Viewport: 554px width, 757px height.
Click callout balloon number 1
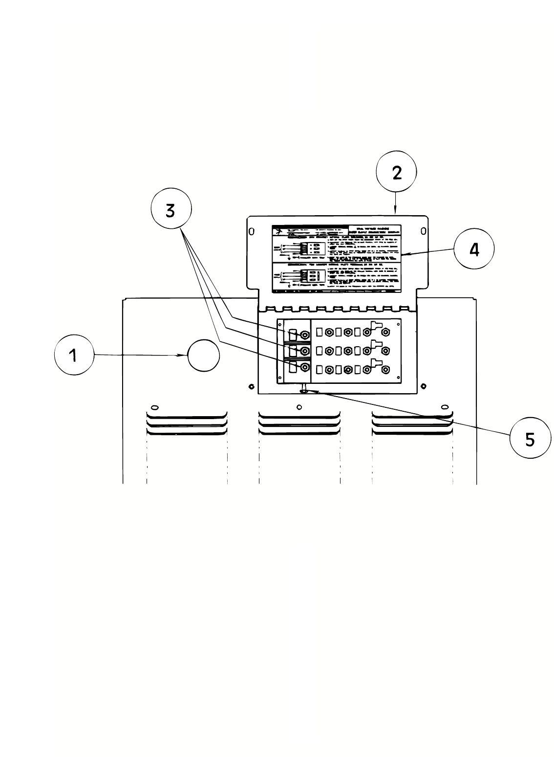pos(73,355)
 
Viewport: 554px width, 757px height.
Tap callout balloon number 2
pos(396,173)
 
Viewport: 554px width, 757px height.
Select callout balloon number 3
pos(171,211)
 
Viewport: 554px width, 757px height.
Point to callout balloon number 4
pos(474,249)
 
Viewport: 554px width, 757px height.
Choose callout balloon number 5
pos(530,438)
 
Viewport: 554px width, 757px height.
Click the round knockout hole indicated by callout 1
pos(204,356)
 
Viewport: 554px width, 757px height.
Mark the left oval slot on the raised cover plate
pos(253,231)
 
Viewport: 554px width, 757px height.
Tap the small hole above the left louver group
pos(154,407)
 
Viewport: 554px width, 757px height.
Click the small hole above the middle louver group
pos(299,407)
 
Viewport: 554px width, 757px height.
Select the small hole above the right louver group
pos(444,407)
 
